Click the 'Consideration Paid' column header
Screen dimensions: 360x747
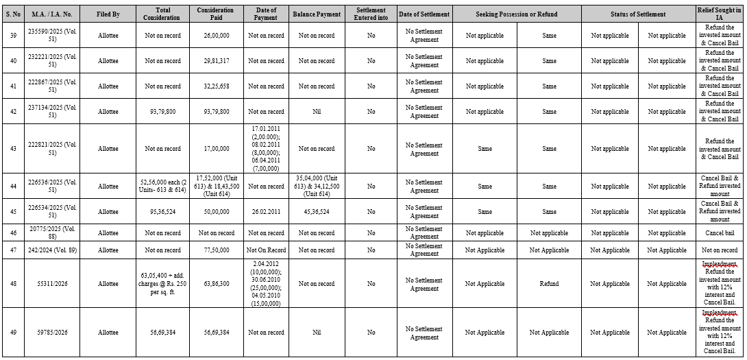(x=215, y=14)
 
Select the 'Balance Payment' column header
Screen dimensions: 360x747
(x=316, y=14)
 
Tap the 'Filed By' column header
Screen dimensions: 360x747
(x=108, y=14)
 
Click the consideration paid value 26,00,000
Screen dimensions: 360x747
(x=215, y=36)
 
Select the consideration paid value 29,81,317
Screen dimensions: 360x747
(x=215, y=61)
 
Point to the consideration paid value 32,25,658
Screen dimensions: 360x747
(x=215, y=86)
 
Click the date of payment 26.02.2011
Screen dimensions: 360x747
(x=266, y=212)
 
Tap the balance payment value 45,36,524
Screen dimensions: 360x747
(x=316, y=212)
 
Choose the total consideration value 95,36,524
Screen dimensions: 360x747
(x=162, y=212)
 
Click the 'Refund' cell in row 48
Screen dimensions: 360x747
(x=549, y=283)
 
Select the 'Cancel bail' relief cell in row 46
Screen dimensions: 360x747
(x=720, y=233)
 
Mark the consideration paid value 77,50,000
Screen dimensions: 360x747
(x=215, y=250)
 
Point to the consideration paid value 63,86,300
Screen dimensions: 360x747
(x=215, y=283)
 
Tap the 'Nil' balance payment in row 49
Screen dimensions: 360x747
(x=316, y=333)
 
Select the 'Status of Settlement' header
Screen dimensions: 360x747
(x=638, y=14)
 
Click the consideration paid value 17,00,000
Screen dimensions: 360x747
(x=215, y=149)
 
